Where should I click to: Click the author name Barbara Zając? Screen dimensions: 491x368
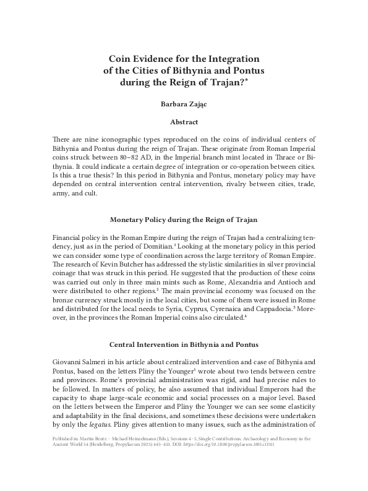click(183, 105)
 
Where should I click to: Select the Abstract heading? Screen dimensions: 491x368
click(183, 122)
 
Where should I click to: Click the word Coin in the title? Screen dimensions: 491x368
click(121, 58)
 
